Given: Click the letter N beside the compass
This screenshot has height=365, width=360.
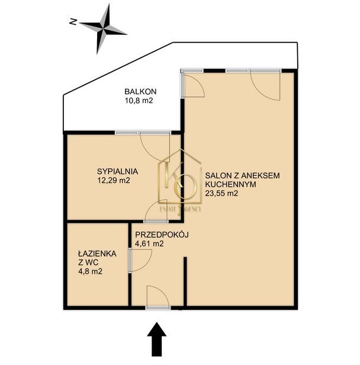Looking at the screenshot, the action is (73, 22).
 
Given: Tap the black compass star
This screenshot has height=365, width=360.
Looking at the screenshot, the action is (103, 29).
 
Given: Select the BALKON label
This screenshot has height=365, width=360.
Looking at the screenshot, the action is (140, 91).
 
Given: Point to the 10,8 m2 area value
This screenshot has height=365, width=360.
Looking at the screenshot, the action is (139, 101).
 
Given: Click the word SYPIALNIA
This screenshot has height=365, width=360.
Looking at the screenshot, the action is (117, 171).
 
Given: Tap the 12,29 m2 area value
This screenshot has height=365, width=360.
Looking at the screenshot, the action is (114, 180).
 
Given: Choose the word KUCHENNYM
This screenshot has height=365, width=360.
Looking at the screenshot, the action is (231, 184).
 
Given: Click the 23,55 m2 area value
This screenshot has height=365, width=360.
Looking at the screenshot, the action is (221, 193).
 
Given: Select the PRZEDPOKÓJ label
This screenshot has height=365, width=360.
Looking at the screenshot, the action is (162, 235).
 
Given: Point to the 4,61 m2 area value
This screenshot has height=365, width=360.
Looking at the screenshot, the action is (149, 244).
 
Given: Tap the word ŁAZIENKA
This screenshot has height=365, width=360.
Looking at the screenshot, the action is (98, 253).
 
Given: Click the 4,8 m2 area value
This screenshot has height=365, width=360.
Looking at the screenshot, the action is (91, 271).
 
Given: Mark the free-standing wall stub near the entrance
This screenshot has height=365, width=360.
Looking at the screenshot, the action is (185, 281).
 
